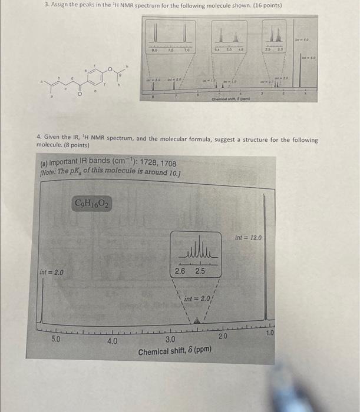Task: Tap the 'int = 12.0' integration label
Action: [x=247, y=238]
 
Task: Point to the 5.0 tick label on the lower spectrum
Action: [x=55, y=340]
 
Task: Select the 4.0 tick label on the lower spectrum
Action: [x=112, y=340]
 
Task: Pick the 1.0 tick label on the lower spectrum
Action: [x=269, y=333]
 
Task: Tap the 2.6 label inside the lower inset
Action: [x=180, y=271]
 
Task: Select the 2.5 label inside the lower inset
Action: [x=200, y=271]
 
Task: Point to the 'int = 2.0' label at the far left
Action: [x=52, y=273]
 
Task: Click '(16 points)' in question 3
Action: [x=263, y=5]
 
